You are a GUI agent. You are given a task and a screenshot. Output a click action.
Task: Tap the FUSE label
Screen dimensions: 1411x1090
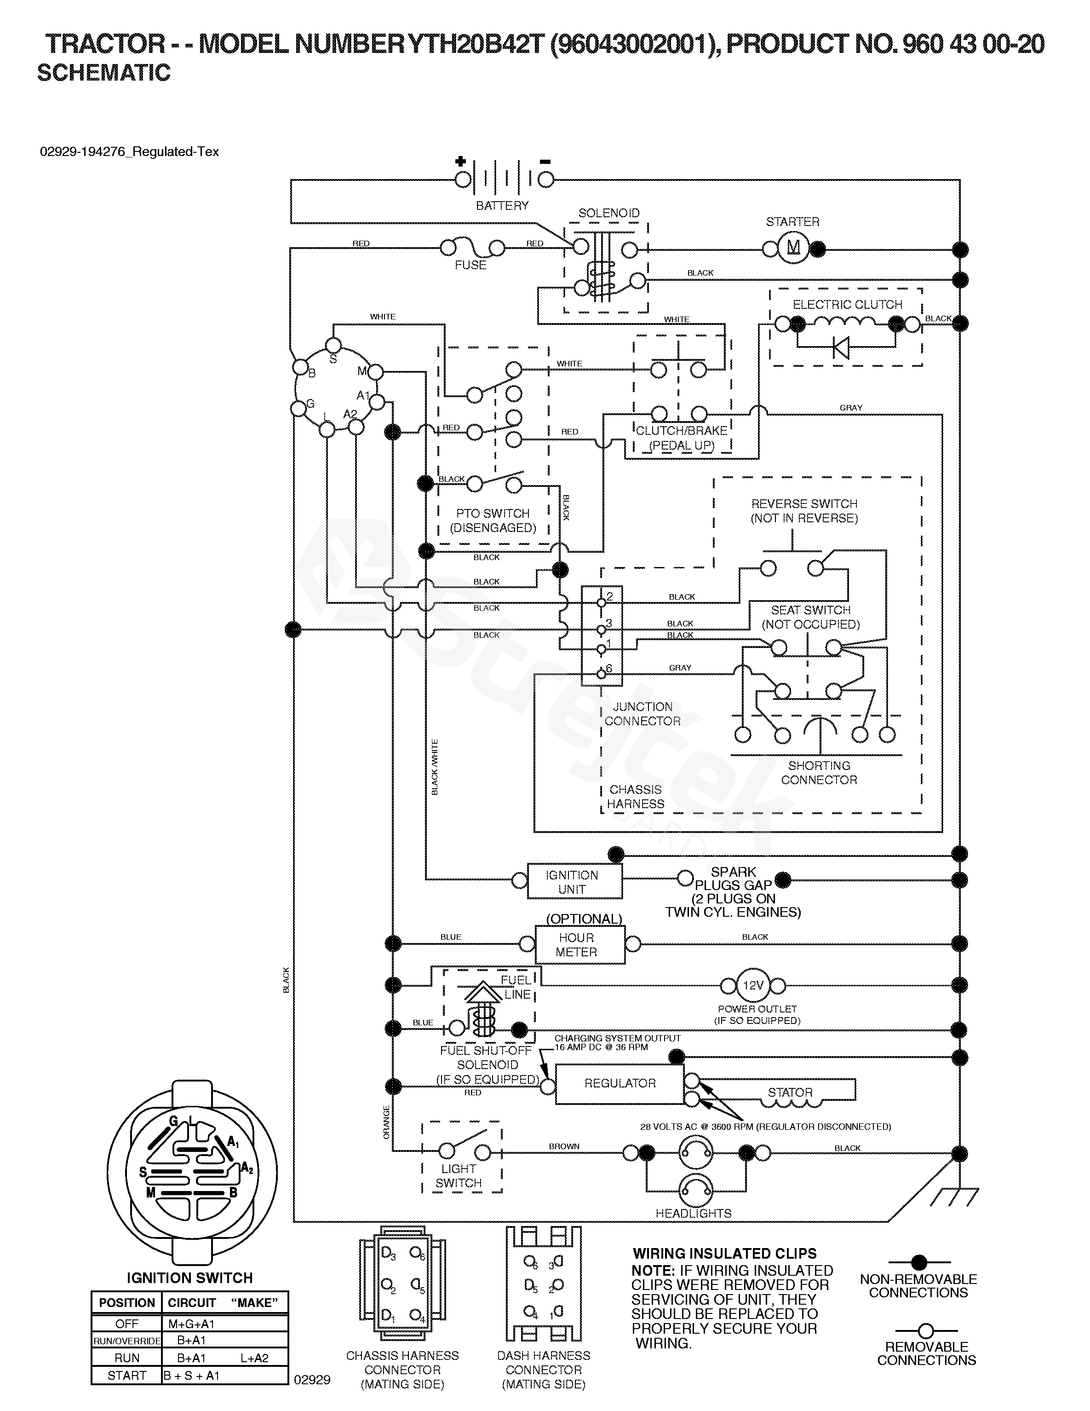coord(470,265)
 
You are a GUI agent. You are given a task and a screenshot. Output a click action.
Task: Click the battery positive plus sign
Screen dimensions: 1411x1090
coord(460,162)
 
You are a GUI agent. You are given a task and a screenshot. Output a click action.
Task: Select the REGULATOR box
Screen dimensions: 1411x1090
coord(620,1083)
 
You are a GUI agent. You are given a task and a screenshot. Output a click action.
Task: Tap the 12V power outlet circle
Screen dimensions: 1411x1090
coord(753,985)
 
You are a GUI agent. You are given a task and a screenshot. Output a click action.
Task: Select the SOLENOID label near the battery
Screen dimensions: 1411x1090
coord(608,213)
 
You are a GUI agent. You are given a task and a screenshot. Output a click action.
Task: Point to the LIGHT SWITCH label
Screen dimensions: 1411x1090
coord(459,1176)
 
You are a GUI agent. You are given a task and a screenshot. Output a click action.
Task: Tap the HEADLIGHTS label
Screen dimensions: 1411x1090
coord(694,1213)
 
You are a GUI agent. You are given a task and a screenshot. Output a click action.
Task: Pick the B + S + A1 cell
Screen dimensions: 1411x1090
coord(192,1376)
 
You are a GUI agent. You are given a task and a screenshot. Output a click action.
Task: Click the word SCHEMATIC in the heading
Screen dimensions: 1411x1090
coord(104,73)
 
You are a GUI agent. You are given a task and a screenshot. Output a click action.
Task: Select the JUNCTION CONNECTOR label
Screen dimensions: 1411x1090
coord(643,714)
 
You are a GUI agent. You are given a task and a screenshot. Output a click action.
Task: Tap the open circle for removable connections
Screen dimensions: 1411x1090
coord(926,1331)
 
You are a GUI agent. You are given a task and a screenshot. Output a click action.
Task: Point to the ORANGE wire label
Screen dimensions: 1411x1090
coord(387,1122)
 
